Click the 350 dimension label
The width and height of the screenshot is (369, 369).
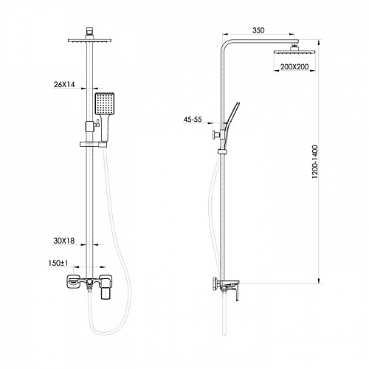pyautogui.click(x=258, y=30)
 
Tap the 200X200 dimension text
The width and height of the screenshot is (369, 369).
pyautogui.click(x=294, y=66)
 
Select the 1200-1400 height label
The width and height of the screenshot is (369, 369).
pyautogui.click(x=315, y=162)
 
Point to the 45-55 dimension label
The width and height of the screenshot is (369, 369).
pyautogui.click(x=193, y=120)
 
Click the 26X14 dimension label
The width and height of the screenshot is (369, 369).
pyautogui.click(x=64, y=85)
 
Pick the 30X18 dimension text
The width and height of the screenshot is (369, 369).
pyautogui.click(x=64, y=241)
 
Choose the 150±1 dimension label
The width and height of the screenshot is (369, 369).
pyautogui.click(x=58, y=263)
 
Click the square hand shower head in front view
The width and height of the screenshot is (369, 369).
pyautogui.click(x=105, y=103)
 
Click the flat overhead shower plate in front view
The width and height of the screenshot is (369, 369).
pyautogui.click(x=89, y=41)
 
